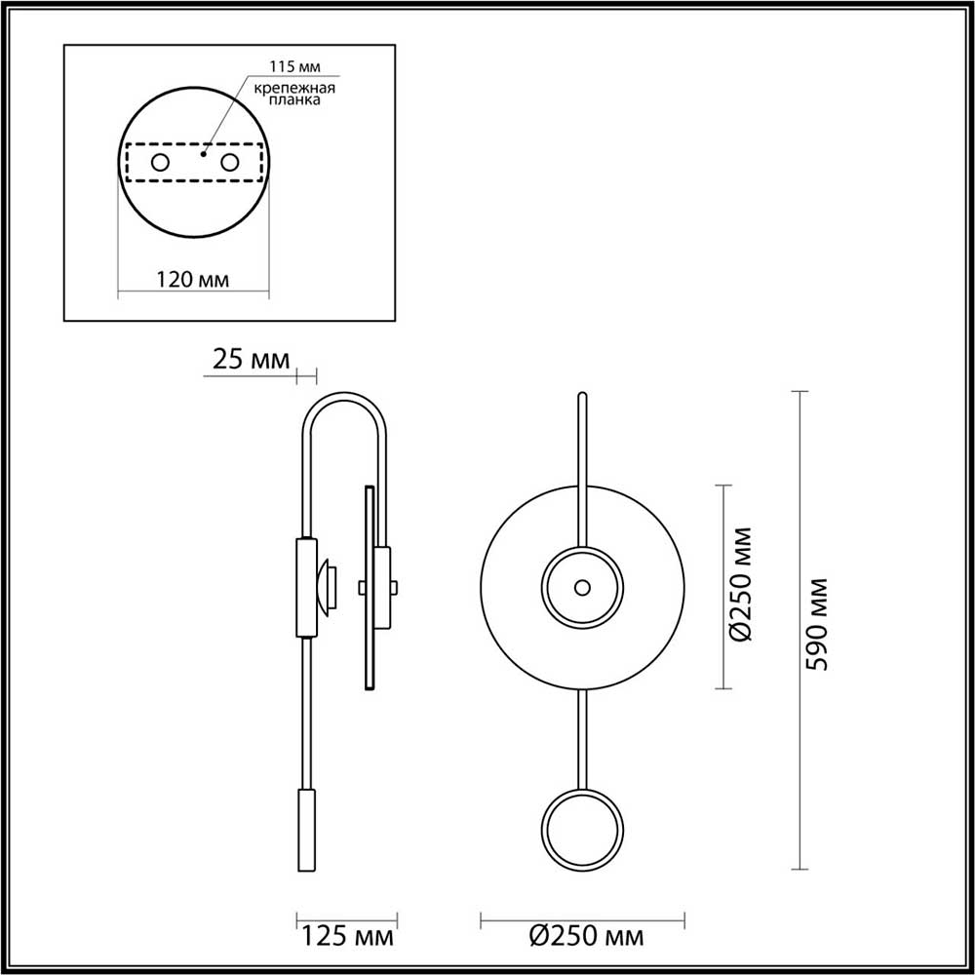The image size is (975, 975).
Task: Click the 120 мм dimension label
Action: coord(192,281)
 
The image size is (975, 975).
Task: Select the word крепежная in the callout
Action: coord(295,89)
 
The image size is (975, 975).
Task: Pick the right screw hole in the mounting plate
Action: coord(230,162)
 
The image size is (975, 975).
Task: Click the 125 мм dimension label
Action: coord(347,938)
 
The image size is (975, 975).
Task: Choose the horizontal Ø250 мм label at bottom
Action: coord(586,938)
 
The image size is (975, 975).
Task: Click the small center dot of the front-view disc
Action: coord(582,587)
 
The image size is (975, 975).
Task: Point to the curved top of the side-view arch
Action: coord(346,397)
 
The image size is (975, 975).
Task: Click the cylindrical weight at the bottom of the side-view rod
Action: coord(306,831)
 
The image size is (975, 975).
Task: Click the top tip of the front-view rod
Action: coord(582,395)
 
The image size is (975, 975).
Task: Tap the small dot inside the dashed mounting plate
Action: coord(204,153)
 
